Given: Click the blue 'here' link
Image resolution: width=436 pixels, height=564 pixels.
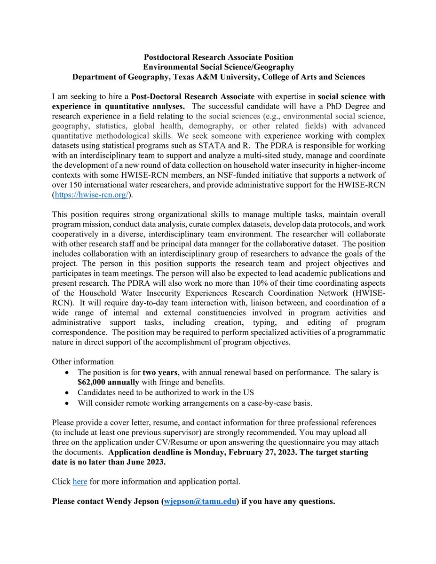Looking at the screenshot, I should point(79,481).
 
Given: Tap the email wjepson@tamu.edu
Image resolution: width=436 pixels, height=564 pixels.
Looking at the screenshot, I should point(199,501).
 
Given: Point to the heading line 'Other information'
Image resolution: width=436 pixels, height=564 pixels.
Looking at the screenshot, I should point(83,361).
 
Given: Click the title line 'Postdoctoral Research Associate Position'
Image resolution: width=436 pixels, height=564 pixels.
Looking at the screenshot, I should point(218,57).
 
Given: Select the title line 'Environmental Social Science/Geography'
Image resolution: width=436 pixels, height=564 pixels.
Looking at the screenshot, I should point(218,67).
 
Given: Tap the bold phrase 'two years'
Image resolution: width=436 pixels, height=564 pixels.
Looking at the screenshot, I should point(159,372).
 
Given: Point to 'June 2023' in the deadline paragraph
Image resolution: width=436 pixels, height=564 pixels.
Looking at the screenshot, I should point(150,462).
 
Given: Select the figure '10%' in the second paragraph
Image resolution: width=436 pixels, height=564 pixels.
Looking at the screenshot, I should point(267,283).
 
